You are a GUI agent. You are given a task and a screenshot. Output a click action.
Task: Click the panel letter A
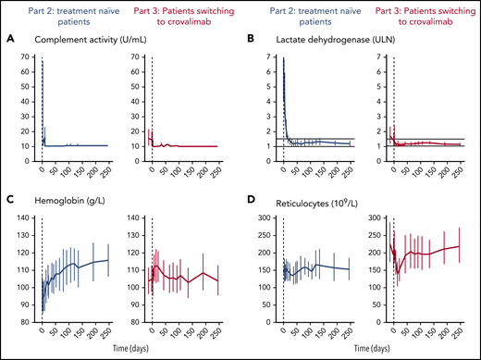click(11, 41)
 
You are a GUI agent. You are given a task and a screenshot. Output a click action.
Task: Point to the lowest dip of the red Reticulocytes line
click(398, 273)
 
